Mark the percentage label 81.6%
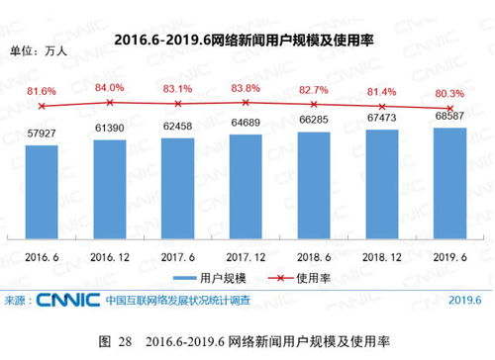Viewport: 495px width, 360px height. [41, 91]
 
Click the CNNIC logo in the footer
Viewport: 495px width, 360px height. [67, 300]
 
